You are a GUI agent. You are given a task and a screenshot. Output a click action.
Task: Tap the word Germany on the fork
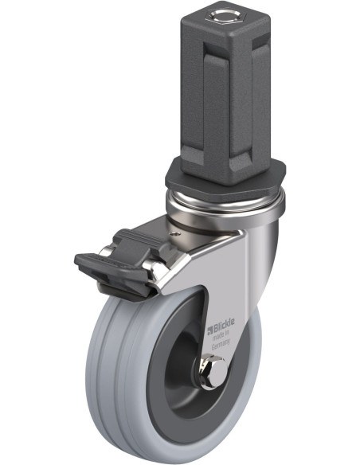tap(221, 344)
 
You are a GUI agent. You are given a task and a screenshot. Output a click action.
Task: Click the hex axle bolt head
tap(213, 373)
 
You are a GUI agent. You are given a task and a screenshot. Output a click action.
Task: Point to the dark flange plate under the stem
tap(225, 181)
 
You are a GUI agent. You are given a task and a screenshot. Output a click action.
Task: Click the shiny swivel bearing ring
tap(225, 205)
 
